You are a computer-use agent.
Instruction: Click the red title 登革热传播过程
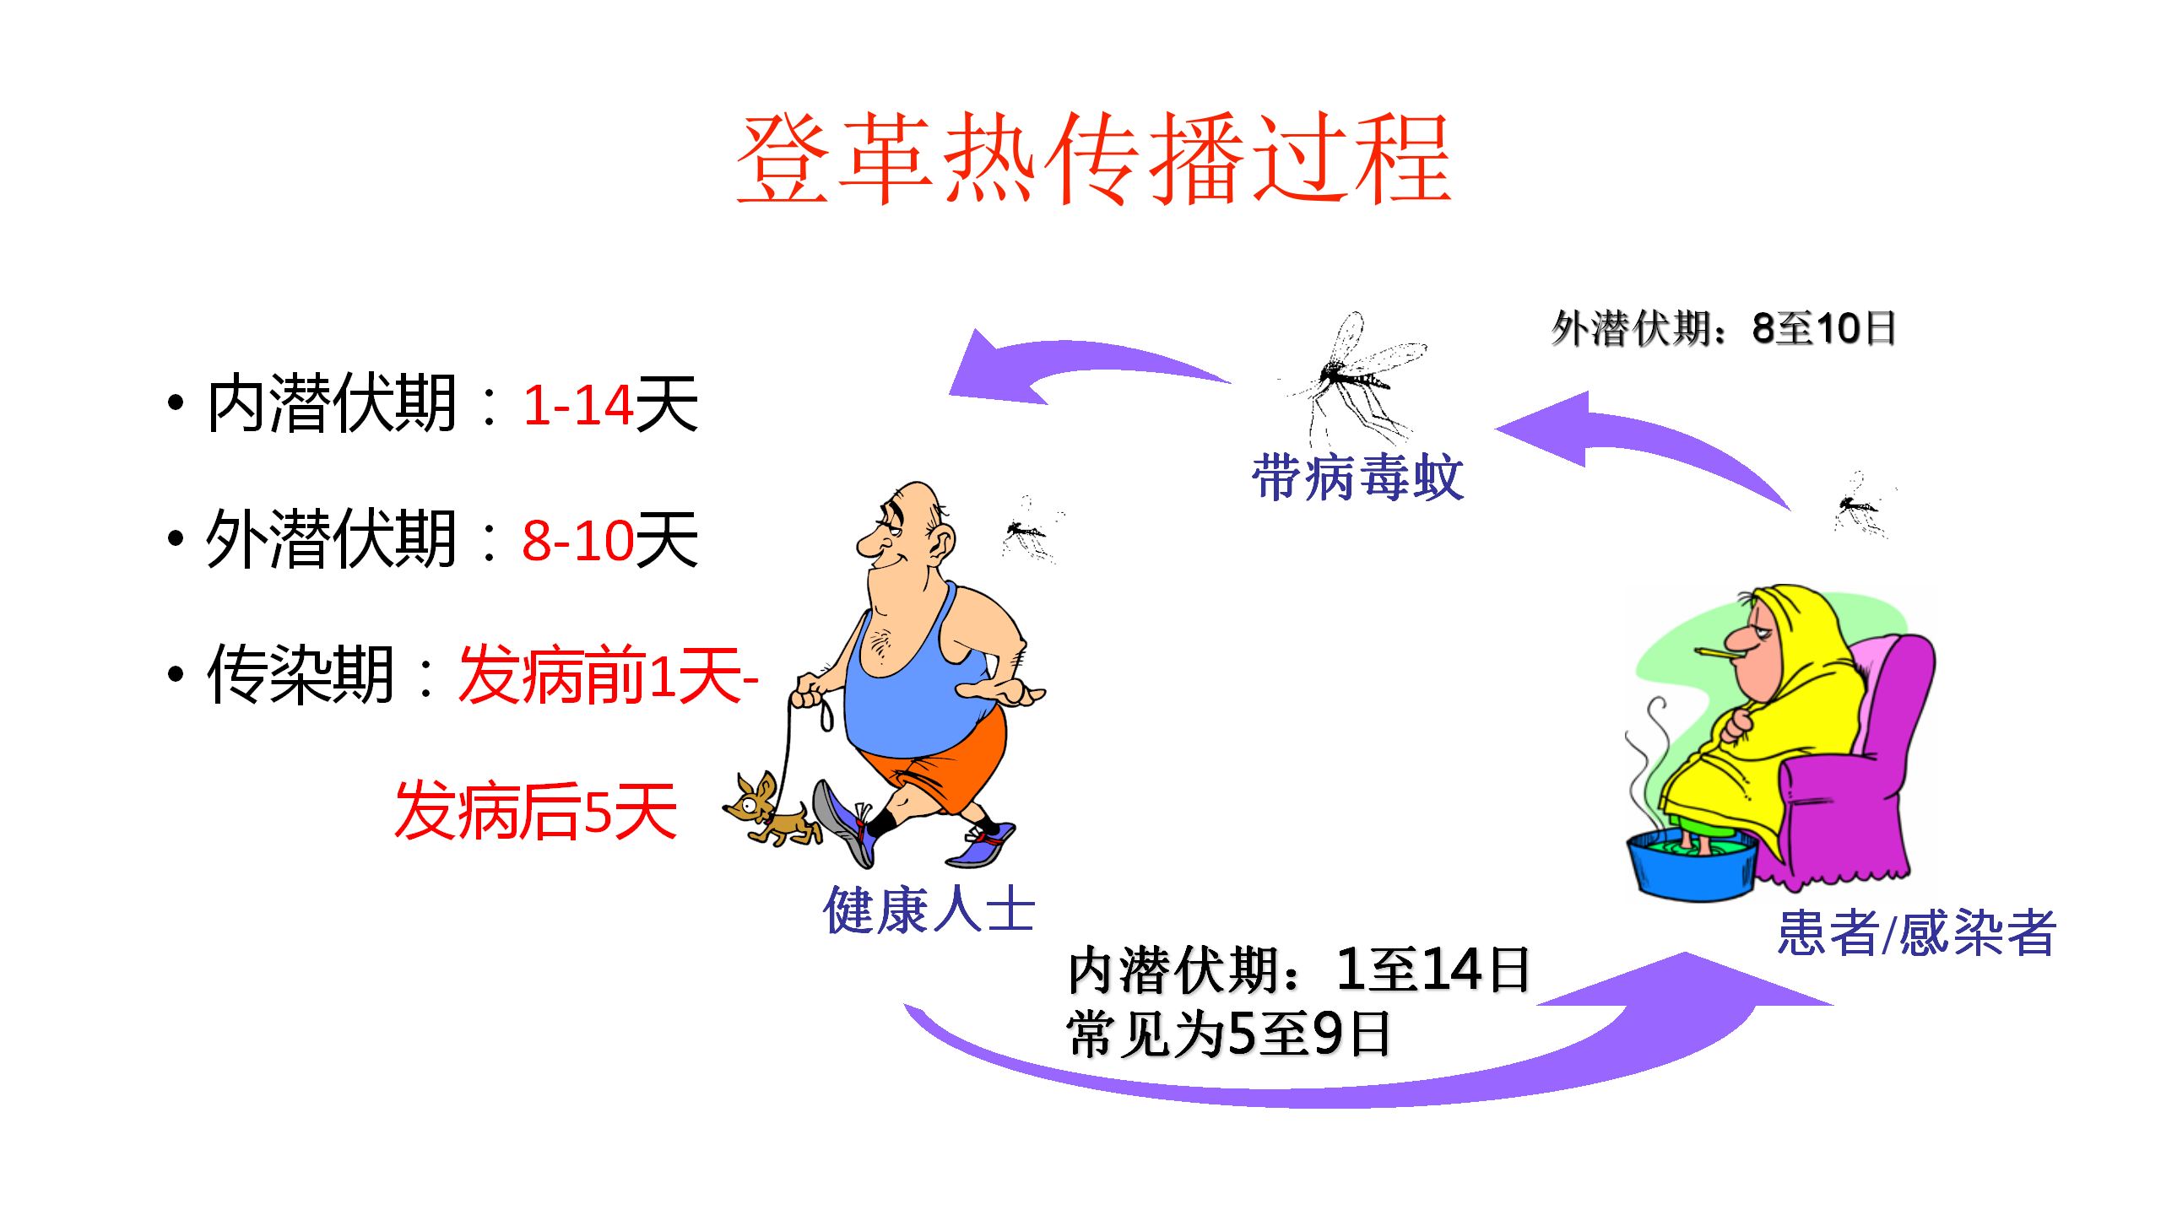pos(1093,159)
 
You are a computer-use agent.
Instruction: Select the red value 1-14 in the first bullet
pos(578,405)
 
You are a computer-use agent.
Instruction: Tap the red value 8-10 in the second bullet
pos(578,540)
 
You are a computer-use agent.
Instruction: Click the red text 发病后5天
pos(536,810)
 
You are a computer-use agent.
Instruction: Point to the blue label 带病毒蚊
pos(1357,477)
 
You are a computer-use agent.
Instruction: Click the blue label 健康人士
pos(929,910)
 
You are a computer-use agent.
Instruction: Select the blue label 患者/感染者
pos(1916,932)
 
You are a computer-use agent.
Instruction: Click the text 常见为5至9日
pos(1228,1034)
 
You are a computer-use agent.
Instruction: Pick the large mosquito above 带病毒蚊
pos(1355,380)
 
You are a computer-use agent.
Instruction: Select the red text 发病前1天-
pos(608,675)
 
